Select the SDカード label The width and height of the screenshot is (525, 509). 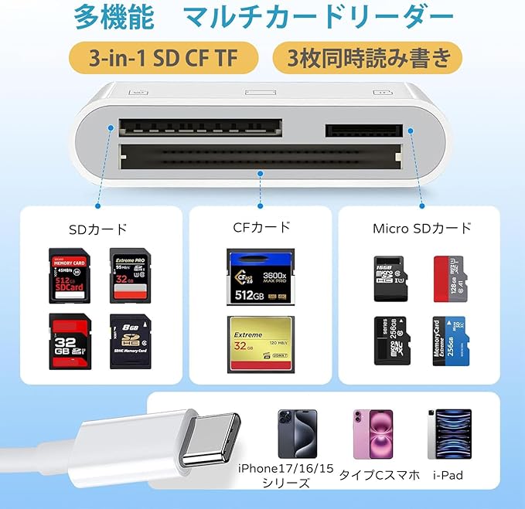[97, 229]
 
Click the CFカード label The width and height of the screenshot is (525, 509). [261, 227]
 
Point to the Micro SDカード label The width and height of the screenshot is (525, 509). [421, 229]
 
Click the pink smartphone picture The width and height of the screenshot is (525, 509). [373, 434]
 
